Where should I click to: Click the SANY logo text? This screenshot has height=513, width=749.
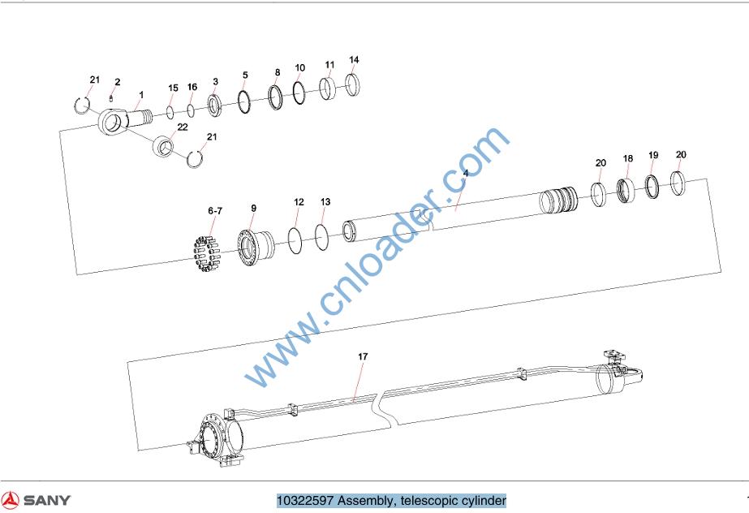click(x=47, y=500)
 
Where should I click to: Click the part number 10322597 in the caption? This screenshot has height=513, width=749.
click(x=305, y=501)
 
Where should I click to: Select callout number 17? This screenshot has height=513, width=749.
click(x=363, y=356)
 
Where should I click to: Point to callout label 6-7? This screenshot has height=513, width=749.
click(x=215, y=211)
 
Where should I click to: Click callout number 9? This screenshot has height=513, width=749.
click(x=254, y=209)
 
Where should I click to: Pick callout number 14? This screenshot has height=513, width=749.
click(x=354, y=60)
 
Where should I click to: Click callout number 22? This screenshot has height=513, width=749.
click(x=183, y=127)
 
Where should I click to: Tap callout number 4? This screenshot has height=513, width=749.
click(x=466, y=173)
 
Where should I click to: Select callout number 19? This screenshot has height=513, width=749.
click(x=653, y=155)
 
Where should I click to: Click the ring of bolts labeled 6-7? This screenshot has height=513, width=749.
click(x=206, y=253)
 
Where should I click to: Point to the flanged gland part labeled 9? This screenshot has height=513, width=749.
click(x=256, y=248)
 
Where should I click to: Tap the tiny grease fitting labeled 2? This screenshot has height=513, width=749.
click(x=111, y=98)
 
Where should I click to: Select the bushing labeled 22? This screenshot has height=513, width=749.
click(x=163, y=145)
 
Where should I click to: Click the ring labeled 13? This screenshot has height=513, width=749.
click(x=316, y=235)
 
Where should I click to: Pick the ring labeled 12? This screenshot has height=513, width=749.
click(x=290, y=239)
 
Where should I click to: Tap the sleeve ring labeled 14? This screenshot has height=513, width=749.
click(x=352, y=84)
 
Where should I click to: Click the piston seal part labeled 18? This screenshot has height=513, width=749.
click(x=626, y=190)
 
